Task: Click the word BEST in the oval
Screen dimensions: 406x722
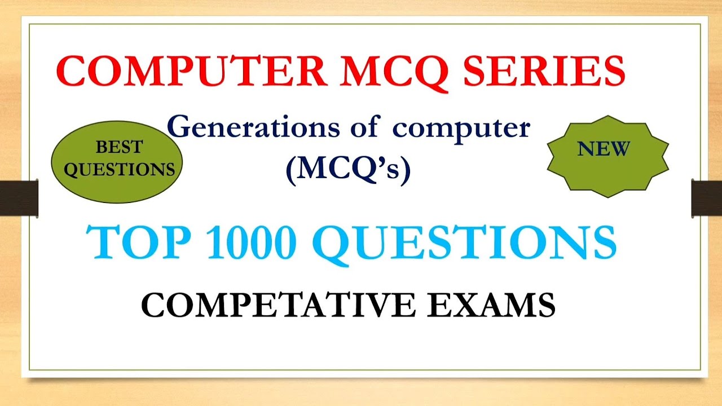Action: [x=119, y=148]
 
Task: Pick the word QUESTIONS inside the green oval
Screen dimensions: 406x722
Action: [x=119, y=170]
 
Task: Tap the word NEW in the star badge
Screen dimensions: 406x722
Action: [x=604, y=149]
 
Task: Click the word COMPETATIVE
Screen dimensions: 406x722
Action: [x=281, y=305]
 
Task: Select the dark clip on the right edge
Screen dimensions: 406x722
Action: [x=707, y=198]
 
